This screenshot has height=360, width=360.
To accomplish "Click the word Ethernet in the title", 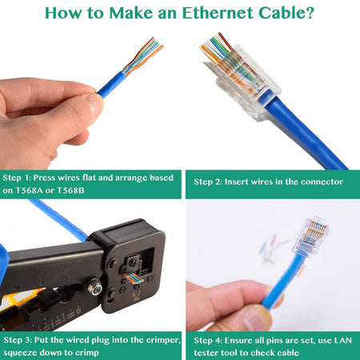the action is point(218,13).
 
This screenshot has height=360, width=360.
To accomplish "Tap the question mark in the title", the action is point(310,13).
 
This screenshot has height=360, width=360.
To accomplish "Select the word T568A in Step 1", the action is point(29,190).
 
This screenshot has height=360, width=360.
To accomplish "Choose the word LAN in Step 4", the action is point(342,341).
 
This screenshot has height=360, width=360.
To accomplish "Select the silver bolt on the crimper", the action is point(94,287).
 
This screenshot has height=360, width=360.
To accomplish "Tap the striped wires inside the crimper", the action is point(134,278).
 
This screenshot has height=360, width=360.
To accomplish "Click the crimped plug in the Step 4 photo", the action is point(310,238).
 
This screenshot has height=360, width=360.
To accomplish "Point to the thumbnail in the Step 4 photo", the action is point(255,317).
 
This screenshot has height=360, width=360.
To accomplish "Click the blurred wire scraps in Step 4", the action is point(274,250).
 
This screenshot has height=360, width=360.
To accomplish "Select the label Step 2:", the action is point(208,182).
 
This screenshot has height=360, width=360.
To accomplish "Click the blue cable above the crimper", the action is point(58,218).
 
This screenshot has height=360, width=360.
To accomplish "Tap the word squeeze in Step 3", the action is point(20,353).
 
